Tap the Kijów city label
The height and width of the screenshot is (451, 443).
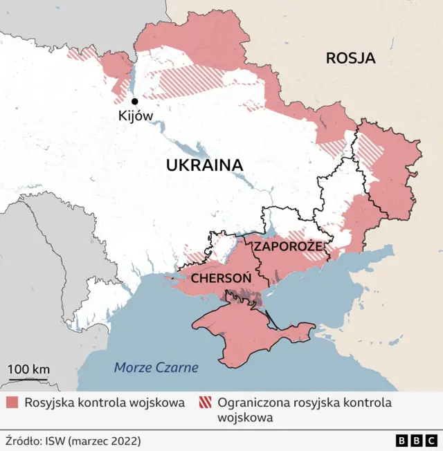[136, 116]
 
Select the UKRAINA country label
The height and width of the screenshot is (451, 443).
[204, 165]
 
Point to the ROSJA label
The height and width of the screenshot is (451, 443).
[350, 58]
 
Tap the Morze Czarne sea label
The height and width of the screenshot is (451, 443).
[156, 367]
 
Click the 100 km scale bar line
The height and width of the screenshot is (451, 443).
[28, 379]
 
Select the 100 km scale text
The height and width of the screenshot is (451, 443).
[28, 369]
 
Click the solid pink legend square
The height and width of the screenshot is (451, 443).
[13, 403]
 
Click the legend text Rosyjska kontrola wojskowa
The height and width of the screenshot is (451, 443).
[105, 403]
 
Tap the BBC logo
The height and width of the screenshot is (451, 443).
[417, 440]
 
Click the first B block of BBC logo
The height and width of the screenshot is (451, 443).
[402, 440]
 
